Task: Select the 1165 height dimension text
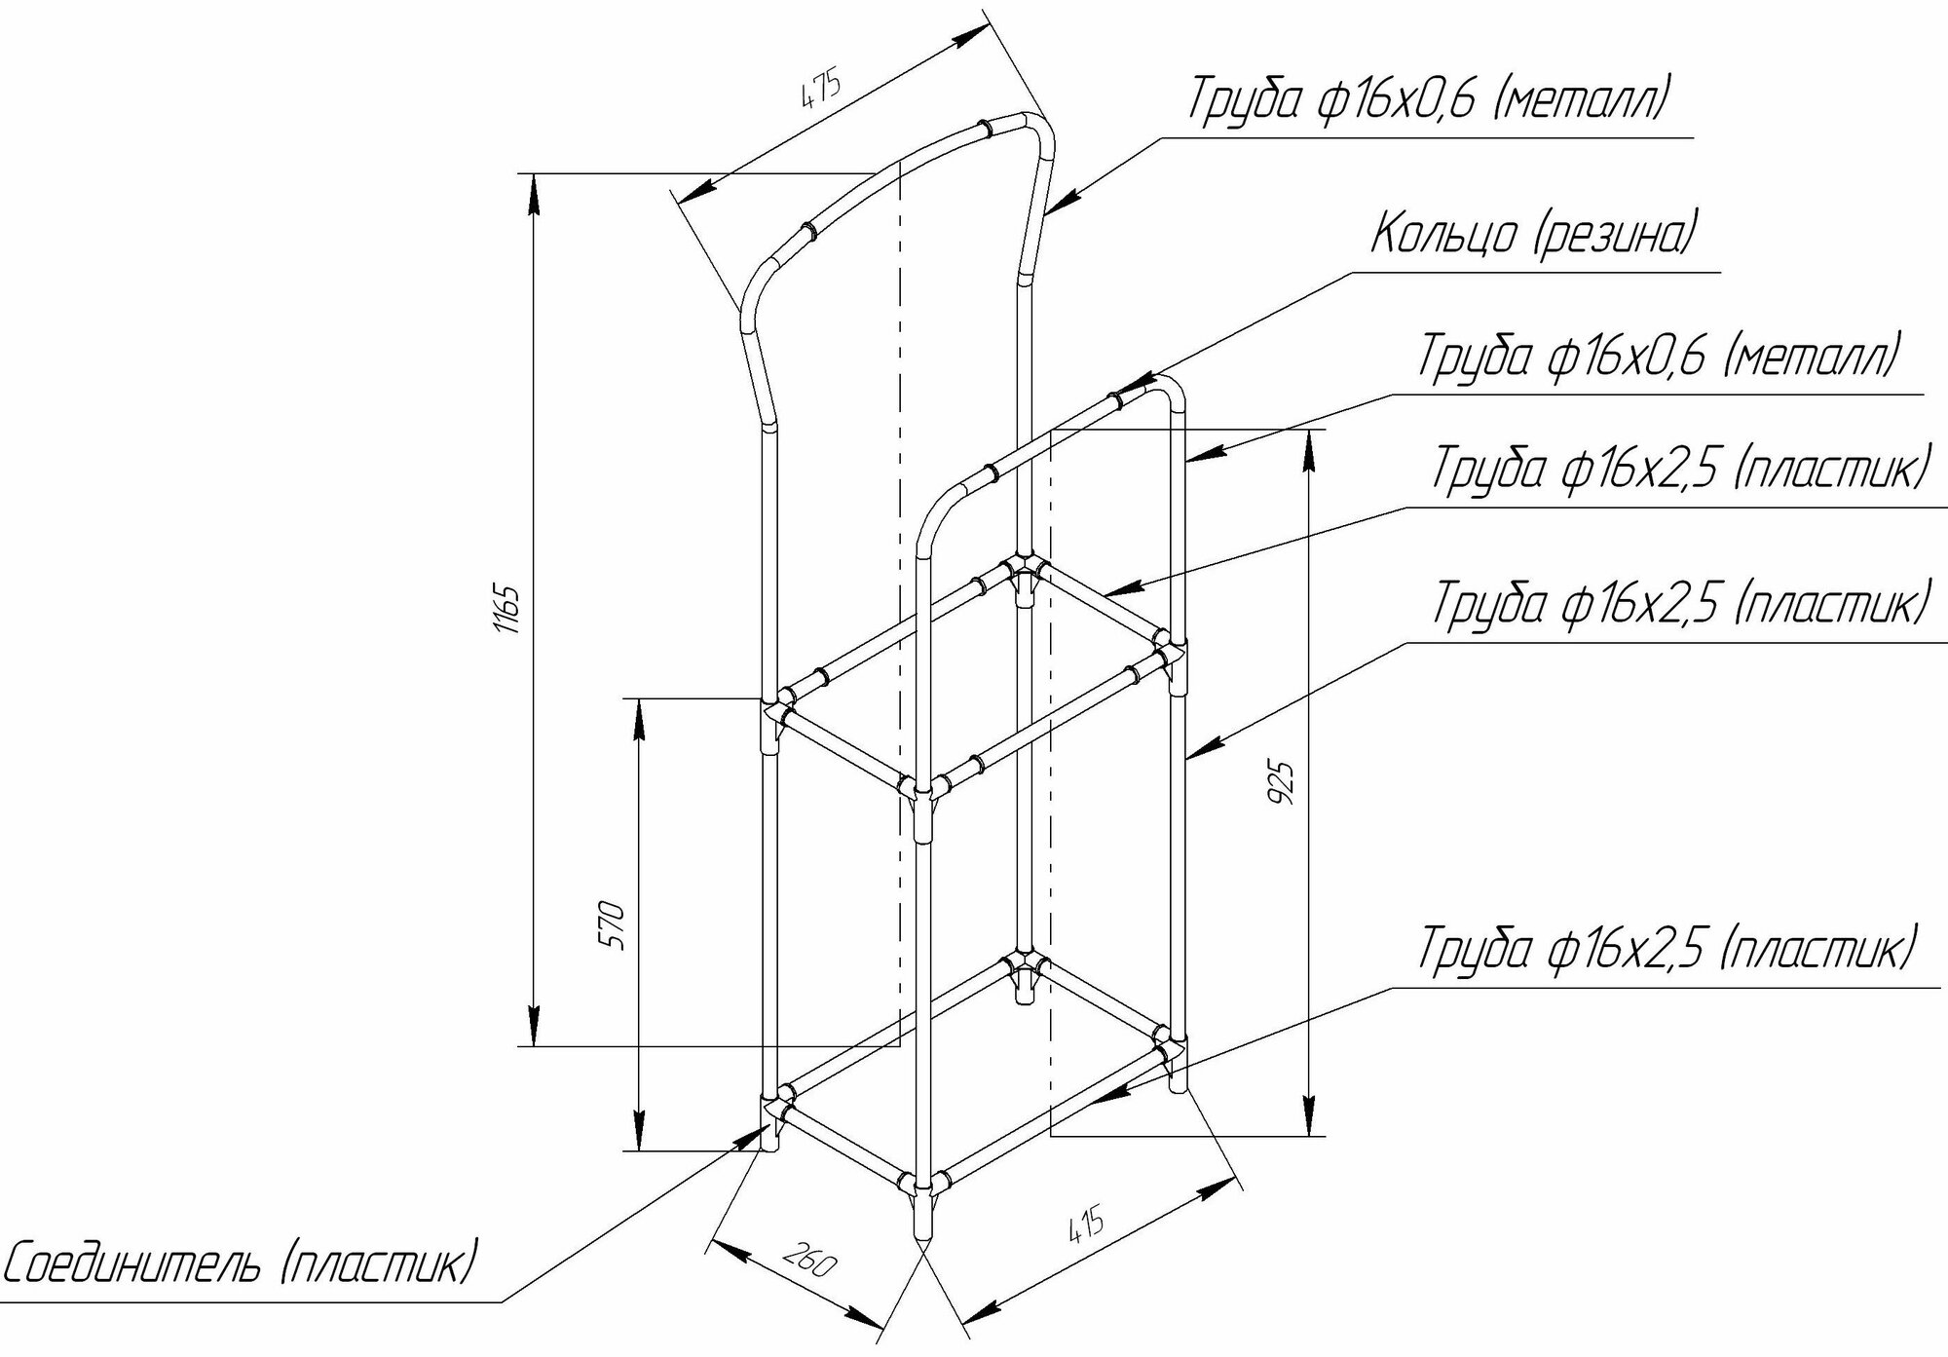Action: point(512,609)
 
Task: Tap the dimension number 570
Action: point(616,924)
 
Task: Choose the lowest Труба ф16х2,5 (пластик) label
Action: point(1667,950)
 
